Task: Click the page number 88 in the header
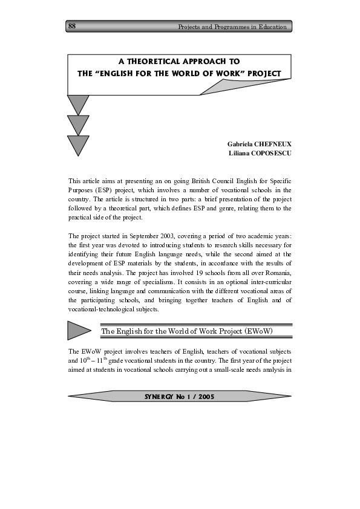pos(72,26)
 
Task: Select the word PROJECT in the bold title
pos(261,73)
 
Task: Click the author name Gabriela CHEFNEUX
pos(259,144)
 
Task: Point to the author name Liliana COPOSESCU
pos(260,154)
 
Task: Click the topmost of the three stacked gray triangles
pos(78,104)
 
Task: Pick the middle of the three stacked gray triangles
pos(78,125)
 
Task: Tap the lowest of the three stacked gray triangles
pos(78,145)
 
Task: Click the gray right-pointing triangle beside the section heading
pos(79,331)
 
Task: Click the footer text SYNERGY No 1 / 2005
pos(180,397)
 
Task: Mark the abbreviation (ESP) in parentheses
pos(99,190)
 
